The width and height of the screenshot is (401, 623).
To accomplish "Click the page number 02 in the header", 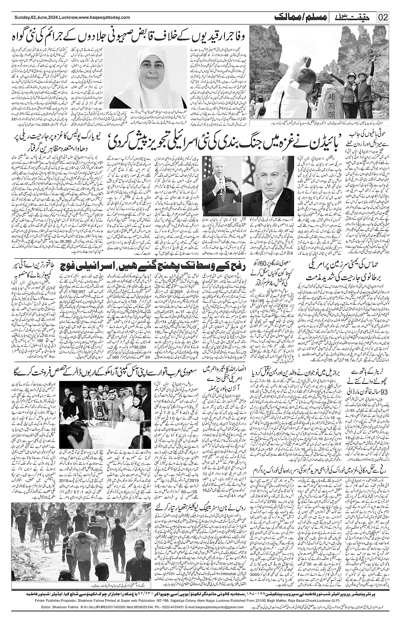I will pos(383,17).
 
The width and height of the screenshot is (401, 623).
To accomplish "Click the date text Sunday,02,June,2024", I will pos(30,17).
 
